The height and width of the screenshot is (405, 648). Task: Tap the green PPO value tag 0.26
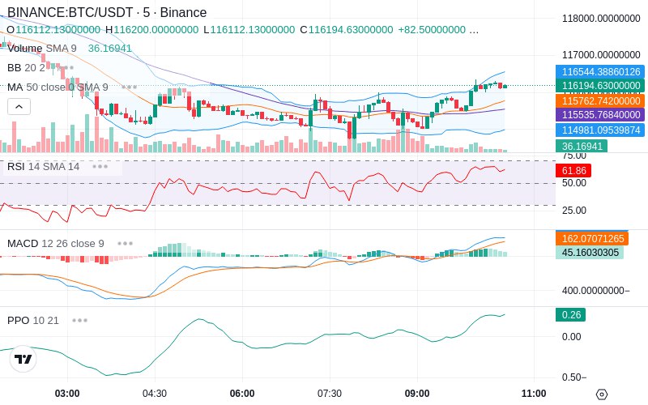point(570,315)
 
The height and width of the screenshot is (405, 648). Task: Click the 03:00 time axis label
point(67,394)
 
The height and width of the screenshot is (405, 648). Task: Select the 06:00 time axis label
point(242,394)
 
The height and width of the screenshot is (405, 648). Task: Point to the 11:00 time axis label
point(534,394)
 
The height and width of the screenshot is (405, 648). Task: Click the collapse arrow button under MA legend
point(19,106)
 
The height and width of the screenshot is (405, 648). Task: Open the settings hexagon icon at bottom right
point(601,394)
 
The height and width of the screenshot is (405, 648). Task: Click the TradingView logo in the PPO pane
point(23,359)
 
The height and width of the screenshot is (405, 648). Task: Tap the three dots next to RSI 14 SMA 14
point(100,166)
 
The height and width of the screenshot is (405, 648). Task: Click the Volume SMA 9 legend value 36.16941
point(110,49)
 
